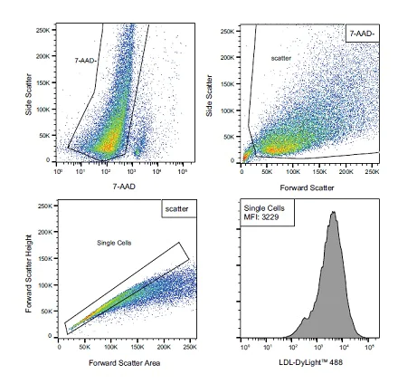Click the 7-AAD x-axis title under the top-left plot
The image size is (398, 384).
click(x=124, y=185)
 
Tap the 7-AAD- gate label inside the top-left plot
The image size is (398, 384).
click(x=86, y=58)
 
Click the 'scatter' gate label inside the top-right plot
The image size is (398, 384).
click(x=282, y=57)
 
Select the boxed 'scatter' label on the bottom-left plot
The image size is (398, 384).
click(x=175, y=208)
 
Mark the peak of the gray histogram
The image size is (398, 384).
click(x=333, y=212)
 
